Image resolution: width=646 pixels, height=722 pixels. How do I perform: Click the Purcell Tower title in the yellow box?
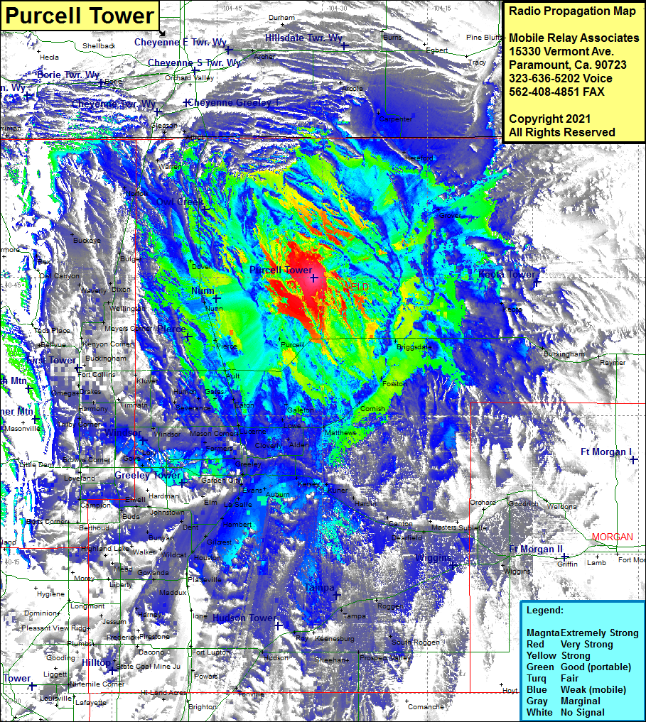78,16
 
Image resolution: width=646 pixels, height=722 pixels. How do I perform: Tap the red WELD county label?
356,286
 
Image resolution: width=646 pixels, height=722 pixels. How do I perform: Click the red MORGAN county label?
612,537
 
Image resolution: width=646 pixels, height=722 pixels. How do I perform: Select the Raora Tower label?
507,274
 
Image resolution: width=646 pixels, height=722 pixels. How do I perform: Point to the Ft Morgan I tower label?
605,452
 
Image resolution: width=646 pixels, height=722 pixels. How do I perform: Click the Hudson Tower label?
244,618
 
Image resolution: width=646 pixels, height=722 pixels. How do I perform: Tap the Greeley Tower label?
148,475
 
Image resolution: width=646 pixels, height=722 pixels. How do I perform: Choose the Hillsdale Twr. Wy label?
303,38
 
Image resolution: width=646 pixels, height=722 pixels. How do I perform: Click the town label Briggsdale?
413,347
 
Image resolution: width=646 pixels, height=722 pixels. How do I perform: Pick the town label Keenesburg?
334,639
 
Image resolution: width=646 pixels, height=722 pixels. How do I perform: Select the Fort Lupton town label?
210,652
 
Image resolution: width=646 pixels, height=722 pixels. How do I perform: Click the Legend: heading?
545,611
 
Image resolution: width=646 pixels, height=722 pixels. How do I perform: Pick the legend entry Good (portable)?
596,667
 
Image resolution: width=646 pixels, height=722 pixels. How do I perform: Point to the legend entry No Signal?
582,712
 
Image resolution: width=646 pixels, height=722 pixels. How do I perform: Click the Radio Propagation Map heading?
569,11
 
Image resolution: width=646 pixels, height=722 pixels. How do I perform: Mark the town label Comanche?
426,706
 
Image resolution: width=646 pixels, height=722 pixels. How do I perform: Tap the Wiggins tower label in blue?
434,557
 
